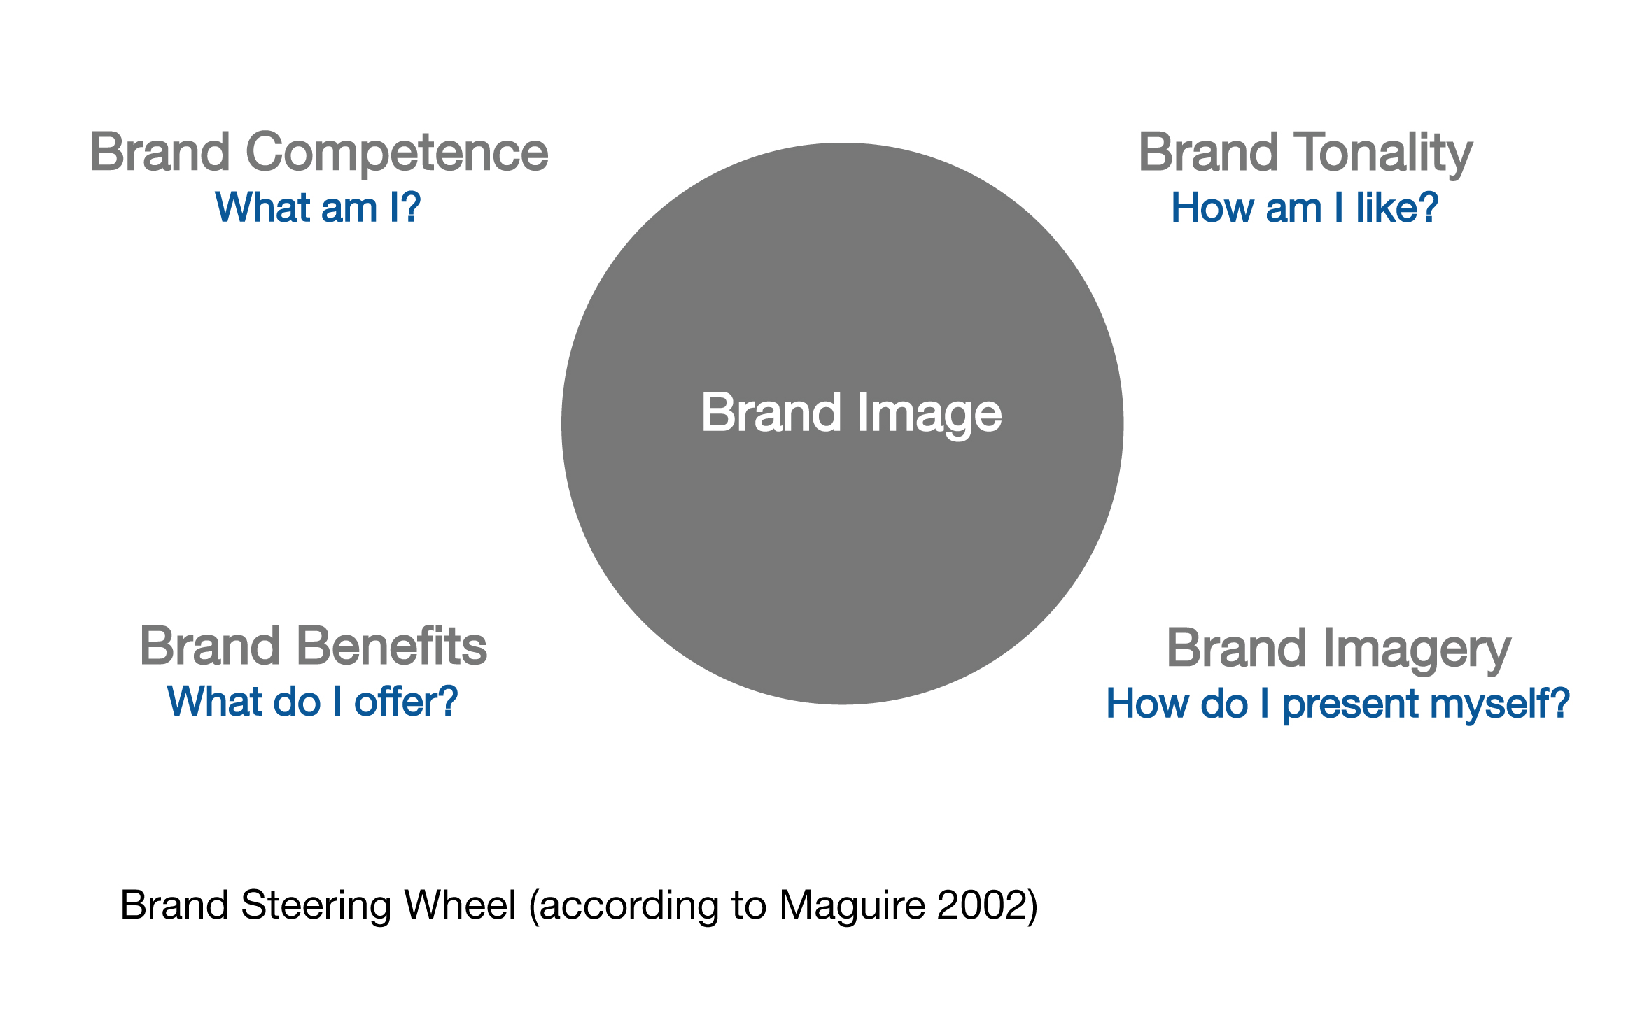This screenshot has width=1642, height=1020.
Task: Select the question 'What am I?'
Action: coord(318,208)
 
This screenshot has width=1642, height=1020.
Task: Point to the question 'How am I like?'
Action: coord(1305,208)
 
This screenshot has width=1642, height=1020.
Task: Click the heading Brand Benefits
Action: coord(314,646)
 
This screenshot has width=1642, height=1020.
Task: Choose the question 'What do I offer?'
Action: coord(312,702)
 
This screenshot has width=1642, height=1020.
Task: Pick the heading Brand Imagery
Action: coord(1339,649)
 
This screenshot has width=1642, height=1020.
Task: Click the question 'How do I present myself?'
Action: coord(1338,704)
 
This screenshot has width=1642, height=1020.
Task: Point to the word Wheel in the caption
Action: coord(460,905)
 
